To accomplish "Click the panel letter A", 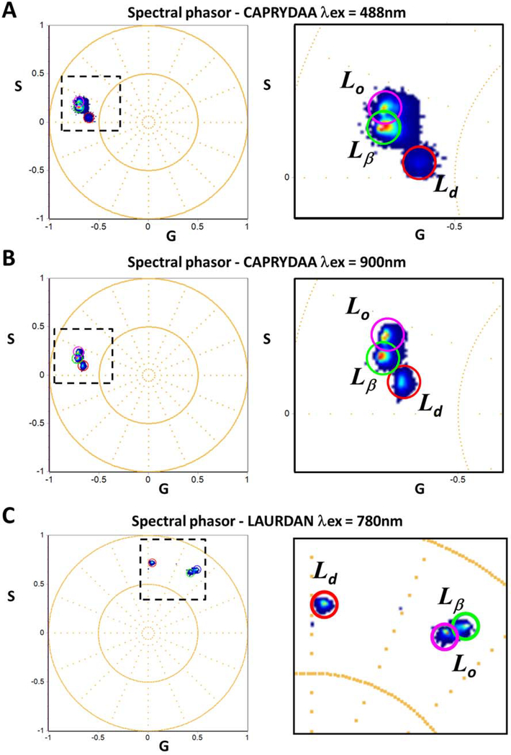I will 11,11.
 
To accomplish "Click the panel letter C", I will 11,513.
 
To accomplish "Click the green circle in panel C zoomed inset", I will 464,626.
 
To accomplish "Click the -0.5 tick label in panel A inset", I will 454,225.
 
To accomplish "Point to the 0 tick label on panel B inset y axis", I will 286,413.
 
